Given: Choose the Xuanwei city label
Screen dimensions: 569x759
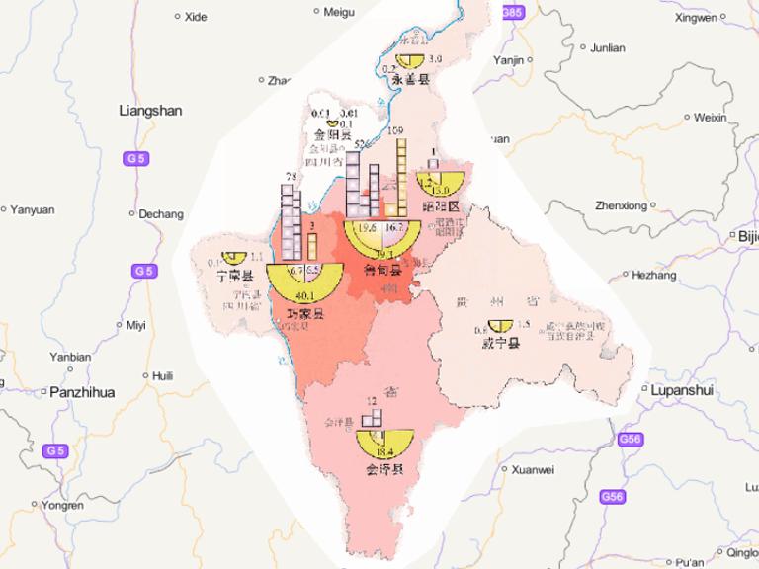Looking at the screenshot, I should [x=534, y=470].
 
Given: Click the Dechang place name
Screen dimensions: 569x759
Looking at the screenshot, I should [x=161, y=213].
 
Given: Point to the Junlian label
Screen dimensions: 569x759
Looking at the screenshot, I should [x=607, y=46].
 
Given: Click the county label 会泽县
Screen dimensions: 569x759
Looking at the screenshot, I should [x=384, y=469].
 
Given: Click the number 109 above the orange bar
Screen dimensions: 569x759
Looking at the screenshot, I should [x=396, y=131].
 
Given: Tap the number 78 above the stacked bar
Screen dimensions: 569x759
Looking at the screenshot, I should [x=291, y=177].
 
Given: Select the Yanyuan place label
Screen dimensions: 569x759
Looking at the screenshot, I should [x=33, y=209].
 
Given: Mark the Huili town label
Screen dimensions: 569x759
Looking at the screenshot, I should [x=162, y=375].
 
